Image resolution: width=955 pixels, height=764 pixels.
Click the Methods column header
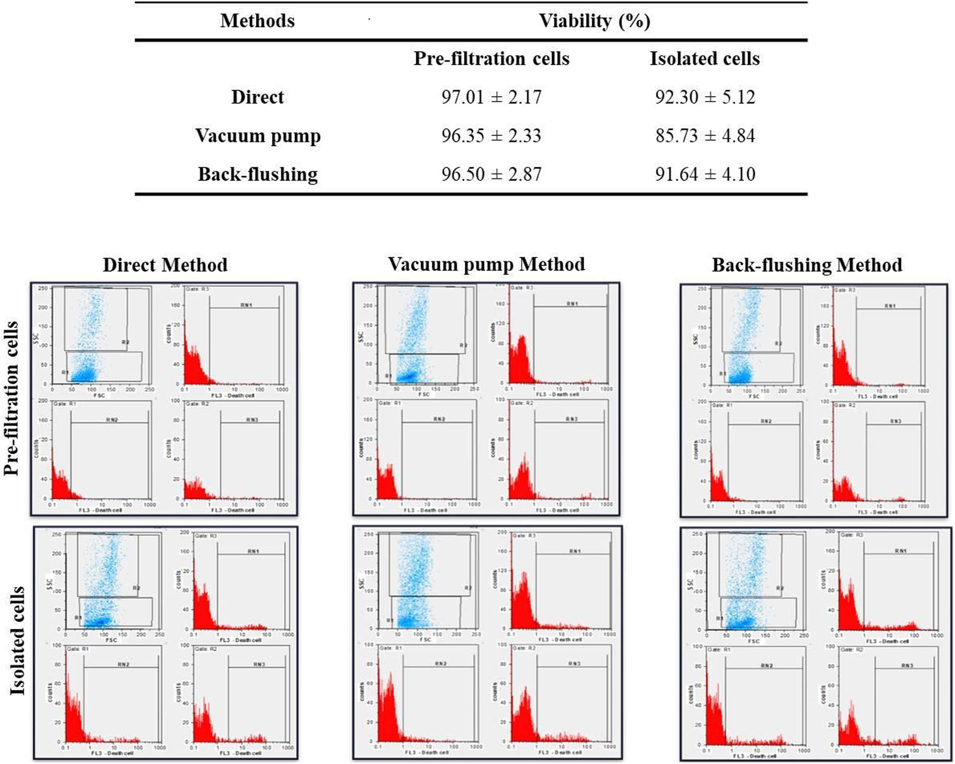[257, 21]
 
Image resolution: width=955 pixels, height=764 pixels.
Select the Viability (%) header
[594, 21]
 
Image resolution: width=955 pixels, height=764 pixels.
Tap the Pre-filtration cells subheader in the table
[491, 59]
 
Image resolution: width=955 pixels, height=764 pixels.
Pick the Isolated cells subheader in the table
[705, 59]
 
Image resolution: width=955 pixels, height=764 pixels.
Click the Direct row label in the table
[257, 97]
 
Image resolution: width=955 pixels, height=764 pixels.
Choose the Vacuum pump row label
[257, 136]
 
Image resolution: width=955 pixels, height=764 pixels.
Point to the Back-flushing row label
[257, 174]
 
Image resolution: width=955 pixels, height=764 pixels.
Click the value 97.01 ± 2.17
[491, 97]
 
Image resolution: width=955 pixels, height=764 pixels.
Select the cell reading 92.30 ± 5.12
[705, 97]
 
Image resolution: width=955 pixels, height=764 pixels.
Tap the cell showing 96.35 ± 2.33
[491, 136]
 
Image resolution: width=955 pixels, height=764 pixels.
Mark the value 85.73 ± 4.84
[705, 136]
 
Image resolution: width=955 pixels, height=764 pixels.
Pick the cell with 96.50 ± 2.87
[491, 174]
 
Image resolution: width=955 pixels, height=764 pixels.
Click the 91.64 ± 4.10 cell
[705, 174]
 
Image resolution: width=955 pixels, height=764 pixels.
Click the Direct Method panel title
[165, 265]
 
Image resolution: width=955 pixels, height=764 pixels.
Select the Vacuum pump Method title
[486, 264]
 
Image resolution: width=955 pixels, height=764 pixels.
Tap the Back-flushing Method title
[807, 265]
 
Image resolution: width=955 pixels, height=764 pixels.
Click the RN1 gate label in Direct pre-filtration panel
[246, 305]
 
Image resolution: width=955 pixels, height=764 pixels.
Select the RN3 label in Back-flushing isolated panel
[907, 666]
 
